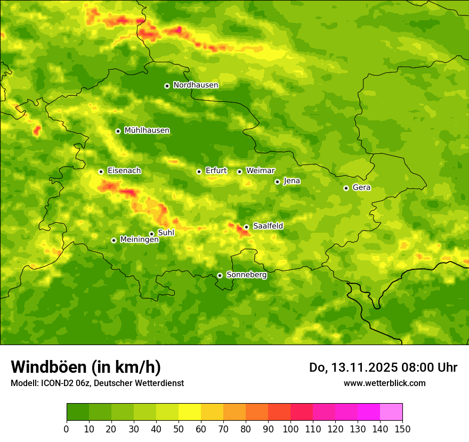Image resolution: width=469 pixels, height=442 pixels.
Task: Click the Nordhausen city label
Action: pos(196,85)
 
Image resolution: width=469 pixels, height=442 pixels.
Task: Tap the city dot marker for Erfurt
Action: pos(199,171)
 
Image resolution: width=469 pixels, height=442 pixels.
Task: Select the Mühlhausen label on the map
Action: pos(147,130)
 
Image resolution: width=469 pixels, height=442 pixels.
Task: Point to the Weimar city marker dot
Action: pos(240,171)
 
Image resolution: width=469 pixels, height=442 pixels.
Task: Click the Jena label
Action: pos(292,181)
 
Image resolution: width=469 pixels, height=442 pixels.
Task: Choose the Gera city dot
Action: pos(346,188)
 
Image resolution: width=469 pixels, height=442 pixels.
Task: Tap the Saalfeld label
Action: pos(268,226)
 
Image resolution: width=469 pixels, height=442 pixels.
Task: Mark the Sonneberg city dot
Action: pos(220,275)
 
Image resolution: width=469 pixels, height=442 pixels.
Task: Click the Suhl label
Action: pos(166,233)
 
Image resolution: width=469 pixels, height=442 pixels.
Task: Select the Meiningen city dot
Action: pos(114,240)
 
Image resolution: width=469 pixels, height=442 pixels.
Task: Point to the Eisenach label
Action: pos(124,171)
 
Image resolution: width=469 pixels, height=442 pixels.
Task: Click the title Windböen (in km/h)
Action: pos(86,367)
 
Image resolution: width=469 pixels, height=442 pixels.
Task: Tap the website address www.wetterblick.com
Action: pos(384,383)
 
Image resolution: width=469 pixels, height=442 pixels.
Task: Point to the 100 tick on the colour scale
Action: pos(290,429)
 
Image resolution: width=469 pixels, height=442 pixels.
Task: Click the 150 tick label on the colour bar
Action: pos(402,429)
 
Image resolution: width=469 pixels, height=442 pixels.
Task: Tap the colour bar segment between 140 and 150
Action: pos(391,412)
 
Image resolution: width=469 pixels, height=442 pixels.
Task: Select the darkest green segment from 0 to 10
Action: pos(78,412)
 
